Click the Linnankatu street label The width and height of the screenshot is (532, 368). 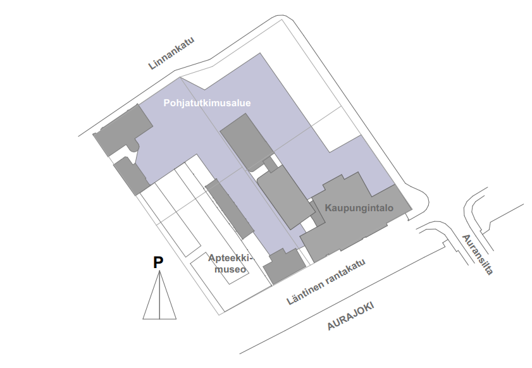coord(171,53)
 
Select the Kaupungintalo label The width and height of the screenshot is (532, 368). coord(359,207)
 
